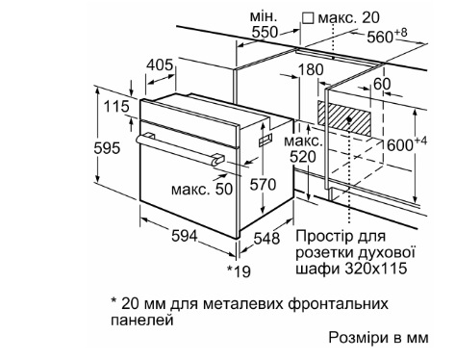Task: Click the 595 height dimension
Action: tap(107, 148)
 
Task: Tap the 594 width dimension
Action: tap(184, 237)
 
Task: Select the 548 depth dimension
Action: tap(266, 239)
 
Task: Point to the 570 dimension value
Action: tap(263, 185)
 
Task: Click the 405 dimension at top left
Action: tap(160, 65)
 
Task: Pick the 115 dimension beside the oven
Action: tap(116, 107)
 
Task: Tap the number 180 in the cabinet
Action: tap(311, 69)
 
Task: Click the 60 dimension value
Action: tap(382, 84)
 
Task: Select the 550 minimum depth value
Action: tap(265, 32)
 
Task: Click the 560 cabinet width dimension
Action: tap(387, 36)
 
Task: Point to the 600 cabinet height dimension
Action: tap(407, 144)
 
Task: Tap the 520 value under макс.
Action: tap(303, 157)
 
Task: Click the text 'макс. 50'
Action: tap(202, 189)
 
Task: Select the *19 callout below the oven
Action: tap(239, 271)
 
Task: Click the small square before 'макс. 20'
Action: tap(308, 17)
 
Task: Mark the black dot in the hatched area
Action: tap(349, 119)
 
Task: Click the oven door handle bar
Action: tap(180, 150)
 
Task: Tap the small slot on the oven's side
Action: tap(265, 141)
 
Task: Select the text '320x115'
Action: tap(376, 269)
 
